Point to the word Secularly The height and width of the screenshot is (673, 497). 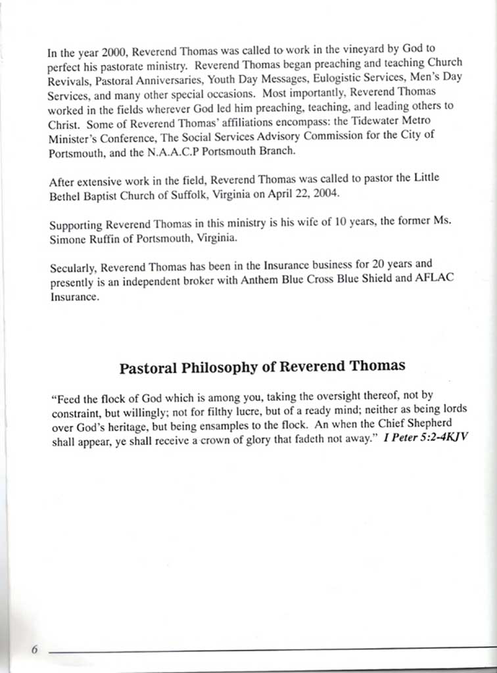[72, 268]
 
